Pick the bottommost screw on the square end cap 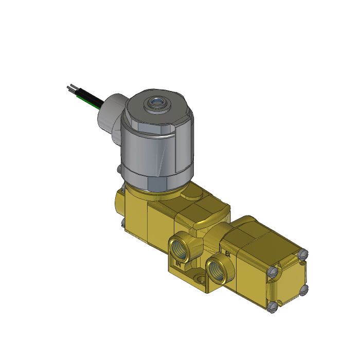click(274, 308)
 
